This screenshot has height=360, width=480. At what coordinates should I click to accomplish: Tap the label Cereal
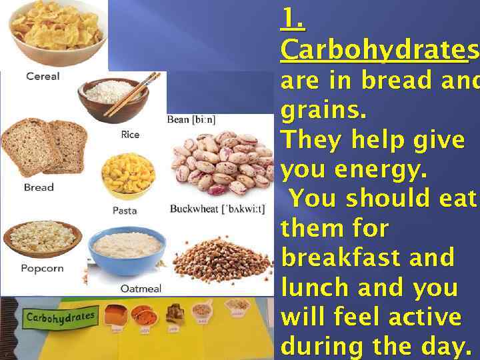point(43,76)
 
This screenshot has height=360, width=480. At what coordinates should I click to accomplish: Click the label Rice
point(130,135)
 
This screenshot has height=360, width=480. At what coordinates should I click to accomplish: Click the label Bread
point(39,187)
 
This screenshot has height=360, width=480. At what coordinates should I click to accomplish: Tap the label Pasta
point(125,211)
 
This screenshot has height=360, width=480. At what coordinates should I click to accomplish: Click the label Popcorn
point(42,268)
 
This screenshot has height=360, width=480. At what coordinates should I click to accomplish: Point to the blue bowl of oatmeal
point(127,251)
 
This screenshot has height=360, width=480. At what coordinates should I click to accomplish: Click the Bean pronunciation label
point(191,120)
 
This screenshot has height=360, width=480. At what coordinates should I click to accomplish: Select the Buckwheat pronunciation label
point(217,209)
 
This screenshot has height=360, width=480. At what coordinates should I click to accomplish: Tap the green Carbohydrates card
point(61,317)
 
